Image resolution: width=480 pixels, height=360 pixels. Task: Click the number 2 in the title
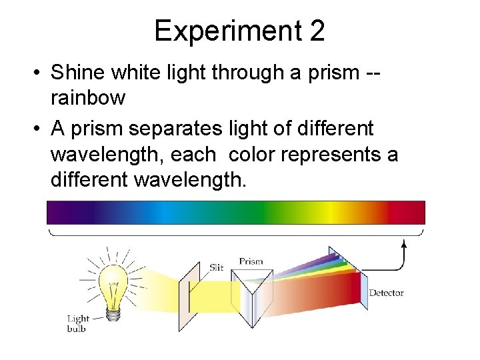click(x=315, y=31)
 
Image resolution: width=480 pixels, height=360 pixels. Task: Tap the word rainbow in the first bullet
click(x=88, y=98)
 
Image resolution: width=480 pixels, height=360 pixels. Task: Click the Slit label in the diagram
click(x=216, y=267)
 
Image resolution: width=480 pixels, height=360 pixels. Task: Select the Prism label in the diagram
click(x=251, y=262)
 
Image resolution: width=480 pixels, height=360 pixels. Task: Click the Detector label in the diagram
click(x=386, y=293)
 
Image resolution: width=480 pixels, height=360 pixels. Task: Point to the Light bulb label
click(x=77, y=323)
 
